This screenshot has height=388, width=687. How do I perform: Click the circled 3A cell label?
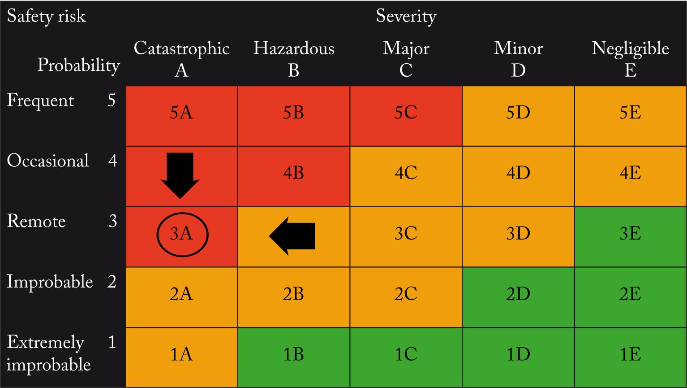(182, 234)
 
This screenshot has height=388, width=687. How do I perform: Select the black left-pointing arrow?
(292, 235)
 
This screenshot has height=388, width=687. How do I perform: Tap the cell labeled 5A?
(181, 113)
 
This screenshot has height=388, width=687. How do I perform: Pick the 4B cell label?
(293, 173)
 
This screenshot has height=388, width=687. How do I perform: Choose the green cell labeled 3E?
(630, 234)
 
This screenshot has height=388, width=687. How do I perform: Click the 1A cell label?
(181, 355)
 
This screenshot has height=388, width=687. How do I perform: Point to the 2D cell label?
(518, 294)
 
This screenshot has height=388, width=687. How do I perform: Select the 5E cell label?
(630, 113)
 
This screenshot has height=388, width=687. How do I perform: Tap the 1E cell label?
(630, 355)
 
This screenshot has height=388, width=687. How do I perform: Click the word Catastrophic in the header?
(181, 48)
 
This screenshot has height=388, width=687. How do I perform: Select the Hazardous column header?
(294, 48)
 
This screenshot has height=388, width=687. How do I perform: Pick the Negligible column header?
(630, 48)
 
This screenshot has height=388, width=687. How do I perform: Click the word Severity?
(406, 17)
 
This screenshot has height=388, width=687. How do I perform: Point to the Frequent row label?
(40, 100)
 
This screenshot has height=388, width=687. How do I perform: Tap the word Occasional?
(48, 161)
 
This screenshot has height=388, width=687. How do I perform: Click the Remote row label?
(36, 221)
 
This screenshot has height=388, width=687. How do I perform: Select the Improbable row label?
(50, 282)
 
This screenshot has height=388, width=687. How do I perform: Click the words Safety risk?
(46, 17)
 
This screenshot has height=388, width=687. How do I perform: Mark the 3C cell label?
(406, 234)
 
